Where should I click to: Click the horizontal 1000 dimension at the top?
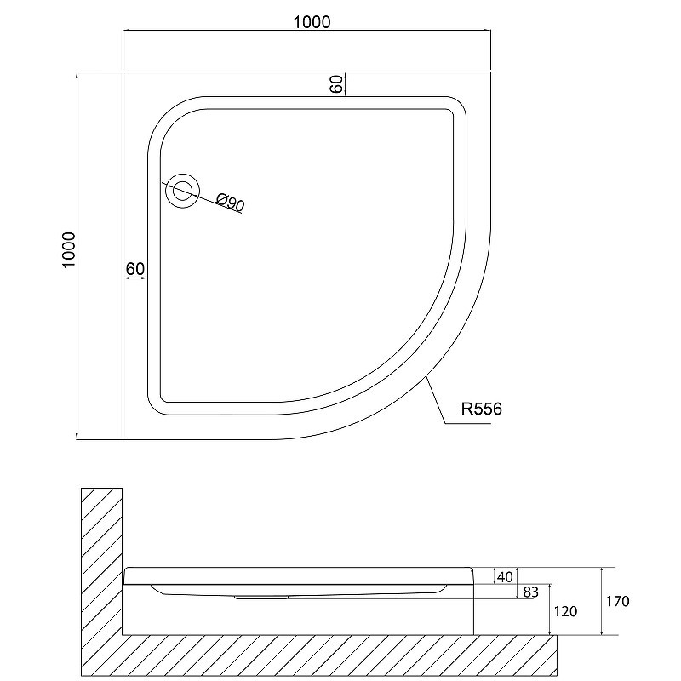tap(312, 22)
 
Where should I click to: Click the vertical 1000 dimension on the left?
tap(69, 250)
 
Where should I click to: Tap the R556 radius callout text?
tap(481, 409)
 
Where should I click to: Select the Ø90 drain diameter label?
tap(231, 203)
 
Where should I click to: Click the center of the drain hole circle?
tap(183, 191)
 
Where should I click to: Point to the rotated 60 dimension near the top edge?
tap(336, 84)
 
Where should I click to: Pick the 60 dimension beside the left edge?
tap(135, 269)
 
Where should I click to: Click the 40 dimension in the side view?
tap(504, 577)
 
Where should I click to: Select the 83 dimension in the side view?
tap(530, 592)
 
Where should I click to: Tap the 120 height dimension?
tap(565, 611)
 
